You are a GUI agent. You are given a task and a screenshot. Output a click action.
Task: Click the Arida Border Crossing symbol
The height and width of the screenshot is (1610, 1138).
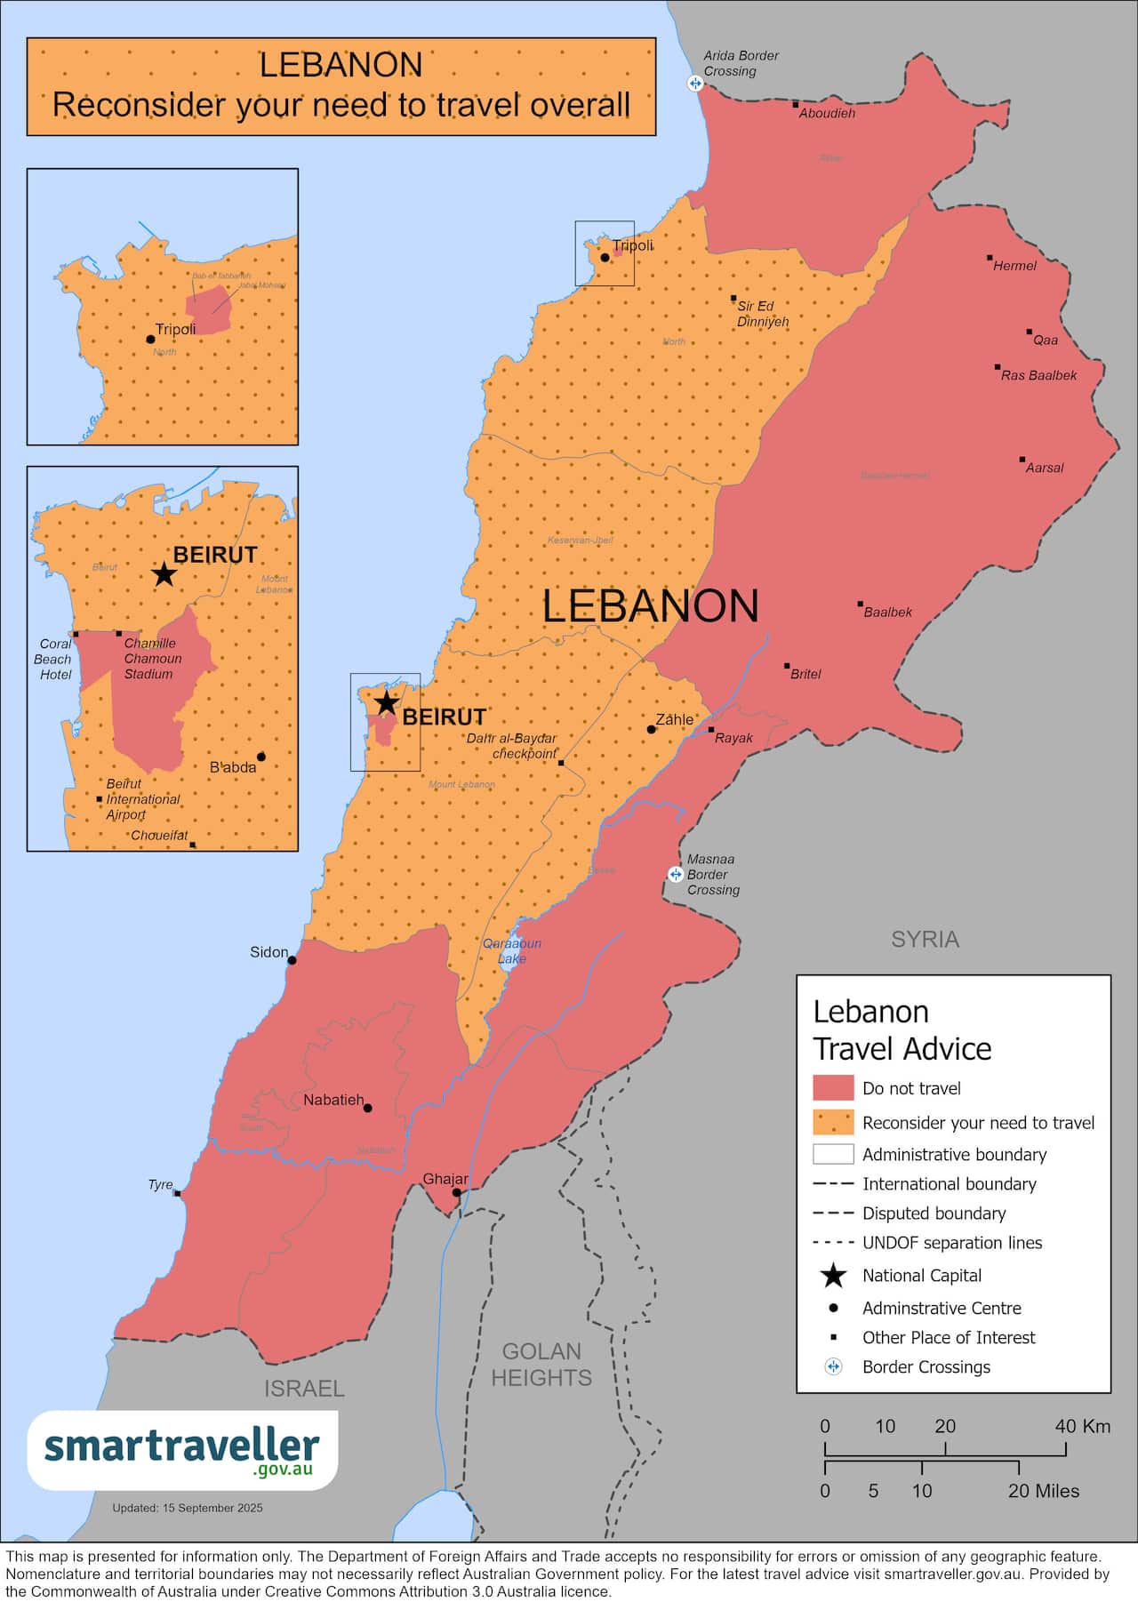click(695, 84)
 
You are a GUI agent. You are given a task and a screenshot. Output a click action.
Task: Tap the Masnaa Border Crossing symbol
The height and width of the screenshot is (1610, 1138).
click(676, 875)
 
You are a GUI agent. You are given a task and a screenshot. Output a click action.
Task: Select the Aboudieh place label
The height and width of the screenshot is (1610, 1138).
click(826, 114)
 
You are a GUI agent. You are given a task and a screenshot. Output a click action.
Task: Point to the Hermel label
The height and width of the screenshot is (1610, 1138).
click(1014, 266)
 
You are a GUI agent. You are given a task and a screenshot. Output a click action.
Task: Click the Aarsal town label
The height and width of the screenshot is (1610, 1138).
click(1044, 468)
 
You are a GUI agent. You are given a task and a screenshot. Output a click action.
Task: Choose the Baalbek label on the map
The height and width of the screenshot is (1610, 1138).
click(887, 613)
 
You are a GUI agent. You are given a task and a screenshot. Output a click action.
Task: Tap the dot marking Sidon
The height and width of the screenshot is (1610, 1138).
click(292, 960)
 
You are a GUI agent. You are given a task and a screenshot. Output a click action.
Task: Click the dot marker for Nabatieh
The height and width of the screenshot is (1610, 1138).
click(367, 1108)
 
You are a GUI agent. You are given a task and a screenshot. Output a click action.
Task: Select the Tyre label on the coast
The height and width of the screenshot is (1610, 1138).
click(160, 1185)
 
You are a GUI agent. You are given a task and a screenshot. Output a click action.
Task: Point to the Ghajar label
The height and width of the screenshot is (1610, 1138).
click(445, 1179)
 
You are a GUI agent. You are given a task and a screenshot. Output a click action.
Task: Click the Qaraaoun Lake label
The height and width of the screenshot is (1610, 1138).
click(512, 951)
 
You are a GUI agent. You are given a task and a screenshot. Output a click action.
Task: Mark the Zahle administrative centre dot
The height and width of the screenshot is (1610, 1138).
click(651, 729)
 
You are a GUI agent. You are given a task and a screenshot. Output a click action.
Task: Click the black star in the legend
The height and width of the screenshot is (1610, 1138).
click(833, 1276)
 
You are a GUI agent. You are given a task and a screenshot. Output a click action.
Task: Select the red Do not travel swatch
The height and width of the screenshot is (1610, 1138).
click(833, 1088)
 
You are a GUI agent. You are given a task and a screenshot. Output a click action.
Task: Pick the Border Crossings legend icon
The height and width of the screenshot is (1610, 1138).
click(833, 1366)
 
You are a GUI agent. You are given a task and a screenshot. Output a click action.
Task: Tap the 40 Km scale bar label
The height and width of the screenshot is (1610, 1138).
click(1082, 1426)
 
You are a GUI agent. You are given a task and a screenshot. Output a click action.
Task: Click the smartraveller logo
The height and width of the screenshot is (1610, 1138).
click(182, 1450)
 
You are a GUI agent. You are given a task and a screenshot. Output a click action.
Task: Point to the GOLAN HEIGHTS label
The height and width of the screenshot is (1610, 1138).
click(541, 1365)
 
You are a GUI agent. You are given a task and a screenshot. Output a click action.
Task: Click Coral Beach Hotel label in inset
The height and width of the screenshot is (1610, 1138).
click(54, 659)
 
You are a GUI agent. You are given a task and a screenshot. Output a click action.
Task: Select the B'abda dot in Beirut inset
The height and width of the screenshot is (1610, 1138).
click(261, 757)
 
